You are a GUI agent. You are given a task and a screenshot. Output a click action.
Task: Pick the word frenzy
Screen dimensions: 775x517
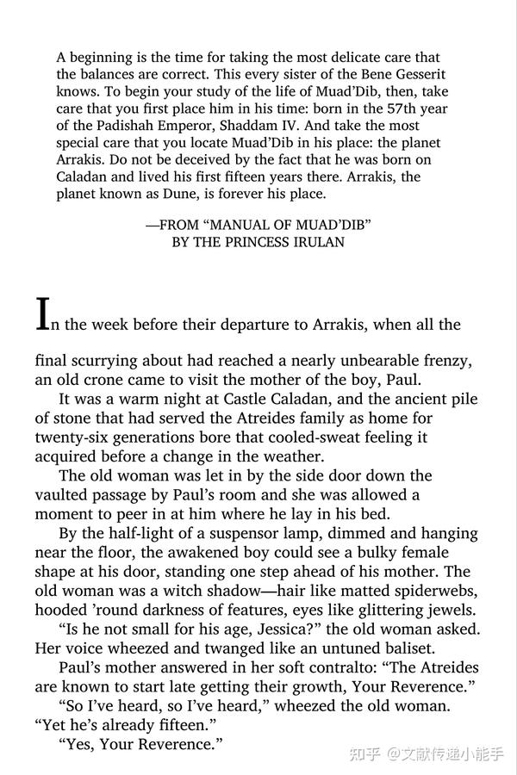(443, 361)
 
